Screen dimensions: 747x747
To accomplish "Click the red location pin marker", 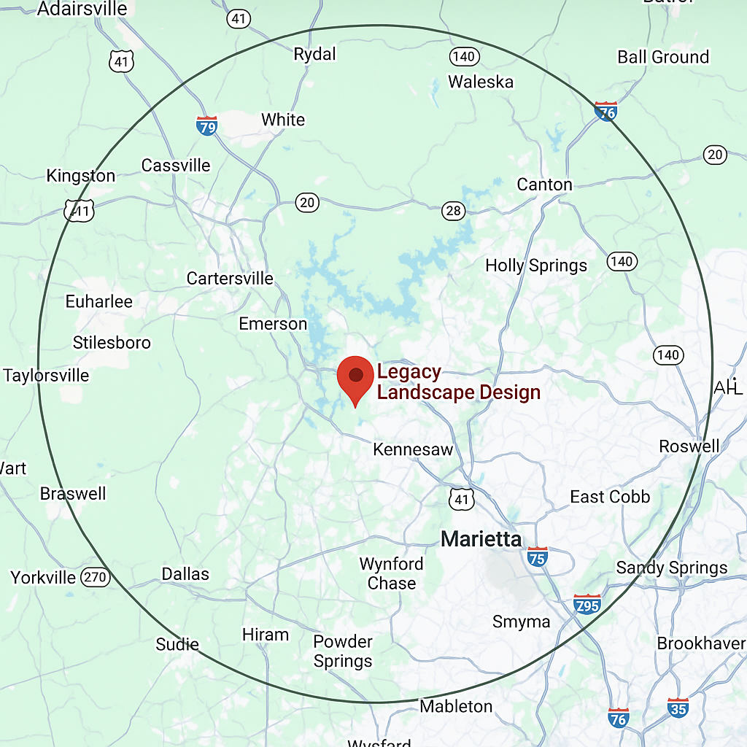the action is [355, 377].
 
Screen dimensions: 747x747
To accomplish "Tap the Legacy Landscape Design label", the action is [458, 382].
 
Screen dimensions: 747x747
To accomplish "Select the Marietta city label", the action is [481, 539].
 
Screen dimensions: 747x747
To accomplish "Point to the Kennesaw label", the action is [413, 449].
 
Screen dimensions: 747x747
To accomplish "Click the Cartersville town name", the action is [230, 278].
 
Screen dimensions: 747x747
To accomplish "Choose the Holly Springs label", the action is [536, 266].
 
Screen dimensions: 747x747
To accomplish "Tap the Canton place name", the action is [544, 185].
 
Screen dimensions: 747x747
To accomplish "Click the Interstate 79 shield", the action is [207, 125].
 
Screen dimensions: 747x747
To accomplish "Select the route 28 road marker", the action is [453, 211].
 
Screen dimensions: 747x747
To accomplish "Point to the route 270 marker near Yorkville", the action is [95, 578].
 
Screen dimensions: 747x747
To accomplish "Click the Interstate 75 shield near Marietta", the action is [537, 557].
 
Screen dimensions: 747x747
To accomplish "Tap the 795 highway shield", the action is [587, 604].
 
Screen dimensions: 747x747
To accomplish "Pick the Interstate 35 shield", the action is [678, 707].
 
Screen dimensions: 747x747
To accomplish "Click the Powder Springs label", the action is [343, 651].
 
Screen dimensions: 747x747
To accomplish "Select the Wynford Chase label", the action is [392, 573].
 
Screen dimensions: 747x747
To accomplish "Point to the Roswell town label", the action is [689, 446].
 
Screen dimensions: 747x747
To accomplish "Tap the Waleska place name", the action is [481, 82].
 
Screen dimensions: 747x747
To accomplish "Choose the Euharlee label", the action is [99, 301].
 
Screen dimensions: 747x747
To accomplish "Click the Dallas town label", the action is [185, 574].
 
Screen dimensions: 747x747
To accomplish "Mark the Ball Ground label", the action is [663, 57].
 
